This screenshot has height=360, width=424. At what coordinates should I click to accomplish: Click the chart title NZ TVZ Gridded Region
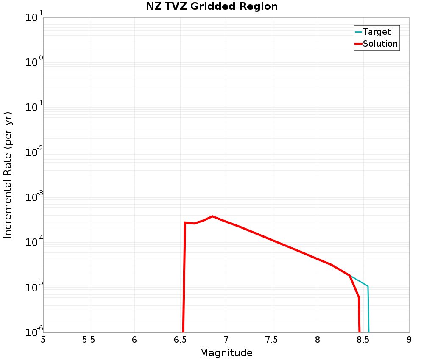pyautogui.click(x=212, y=7)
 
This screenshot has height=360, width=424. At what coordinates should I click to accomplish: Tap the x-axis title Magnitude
pyautogui.click(x=226, y=353)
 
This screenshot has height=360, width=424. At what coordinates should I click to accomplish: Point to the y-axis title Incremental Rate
pyautogui.click(x=8, y=175)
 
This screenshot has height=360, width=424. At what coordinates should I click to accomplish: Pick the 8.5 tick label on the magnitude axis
pyautogui.click(x=363, y=340)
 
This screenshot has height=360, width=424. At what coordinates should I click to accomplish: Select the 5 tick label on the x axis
pyautogui.click(x=43, y=340)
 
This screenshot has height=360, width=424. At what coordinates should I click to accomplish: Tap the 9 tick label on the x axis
pyautogui.click(x=409, y=340)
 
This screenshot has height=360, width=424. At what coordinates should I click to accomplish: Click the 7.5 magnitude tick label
pyautogui.click(x=272, y=340)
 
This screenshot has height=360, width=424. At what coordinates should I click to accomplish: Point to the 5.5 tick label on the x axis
pyautogui.click(x=89, y=340)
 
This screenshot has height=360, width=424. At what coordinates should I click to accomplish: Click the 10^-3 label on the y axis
pyautogui.click(x=33, y=198)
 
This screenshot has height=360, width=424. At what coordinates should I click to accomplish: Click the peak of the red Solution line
pyautogui.click(x=212, y=216)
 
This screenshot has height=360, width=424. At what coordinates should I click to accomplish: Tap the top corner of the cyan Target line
pyautogui.click(x=368, y=286)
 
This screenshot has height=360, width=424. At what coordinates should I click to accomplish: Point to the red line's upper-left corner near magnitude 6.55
pyautogui.click(x=185, y=222)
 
